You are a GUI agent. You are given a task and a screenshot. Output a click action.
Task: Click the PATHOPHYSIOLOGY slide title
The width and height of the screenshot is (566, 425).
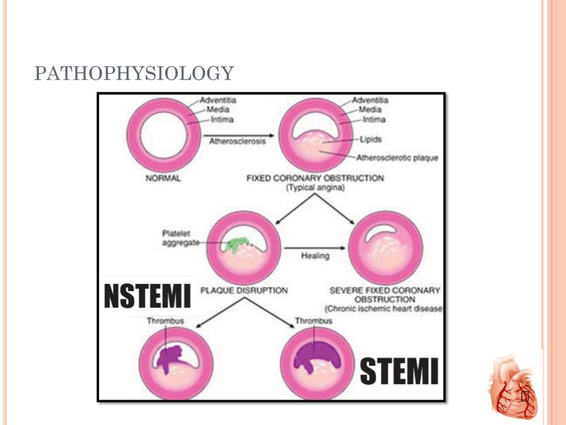point(134,74)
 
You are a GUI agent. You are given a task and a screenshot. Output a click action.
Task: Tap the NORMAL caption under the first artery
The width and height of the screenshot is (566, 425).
point(163,179)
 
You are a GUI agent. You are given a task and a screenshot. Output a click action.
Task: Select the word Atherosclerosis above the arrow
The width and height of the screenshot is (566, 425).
point(237,141)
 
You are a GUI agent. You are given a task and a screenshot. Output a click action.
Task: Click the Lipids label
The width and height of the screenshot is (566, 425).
point(370,139)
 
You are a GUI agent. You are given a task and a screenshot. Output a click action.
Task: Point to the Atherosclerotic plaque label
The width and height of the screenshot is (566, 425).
point(397,158)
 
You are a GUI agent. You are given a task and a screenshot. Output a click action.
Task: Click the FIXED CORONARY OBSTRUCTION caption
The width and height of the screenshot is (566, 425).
point(315,179)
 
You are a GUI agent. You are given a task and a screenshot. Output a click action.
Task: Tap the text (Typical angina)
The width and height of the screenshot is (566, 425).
point(315,189)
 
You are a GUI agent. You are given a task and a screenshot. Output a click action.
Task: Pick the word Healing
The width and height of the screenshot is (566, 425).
point(315,256)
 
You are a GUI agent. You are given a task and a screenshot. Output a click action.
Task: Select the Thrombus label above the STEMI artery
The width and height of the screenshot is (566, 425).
point(313,321)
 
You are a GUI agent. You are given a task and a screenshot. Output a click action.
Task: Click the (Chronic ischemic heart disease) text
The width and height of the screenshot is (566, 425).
point(384,309)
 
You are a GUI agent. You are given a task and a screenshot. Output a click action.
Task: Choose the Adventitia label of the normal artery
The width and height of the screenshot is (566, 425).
point(218,100)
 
